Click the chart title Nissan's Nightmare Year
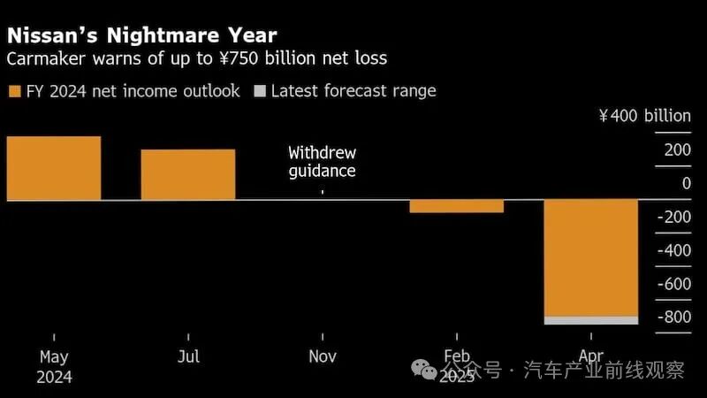tap(141, 35)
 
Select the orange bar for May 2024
tap(54, 168)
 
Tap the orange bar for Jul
tap(188, 174)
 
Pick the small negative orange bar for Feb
tap(456, 206)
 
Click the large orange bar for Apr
tap(590, 257)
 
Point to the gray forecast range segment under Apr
tap(590, 320)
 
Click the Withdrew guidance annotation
tap(322, 162)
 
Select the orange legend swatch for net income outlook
tap(15, 91)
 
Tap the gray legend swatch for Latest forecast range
tap(259, 91)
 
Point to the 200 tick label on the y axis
tap(678, 150)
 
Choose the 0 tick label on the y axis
tap(686, 184)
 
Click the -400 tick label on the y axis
tap(675, 251)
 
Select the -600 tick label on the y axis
tap(675, 285)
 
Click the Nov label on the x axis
tap(322, 356)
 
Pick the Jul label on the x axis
tap(188, 356)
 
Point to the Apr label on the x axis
tap(590, 356)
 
